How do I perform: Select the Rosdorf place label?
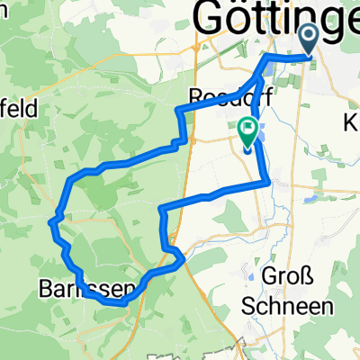213,95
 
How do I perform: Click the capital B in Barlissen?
47,289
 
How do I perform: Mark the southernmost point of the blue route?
117,304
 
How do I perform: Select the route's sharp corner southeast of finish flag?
268,183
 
